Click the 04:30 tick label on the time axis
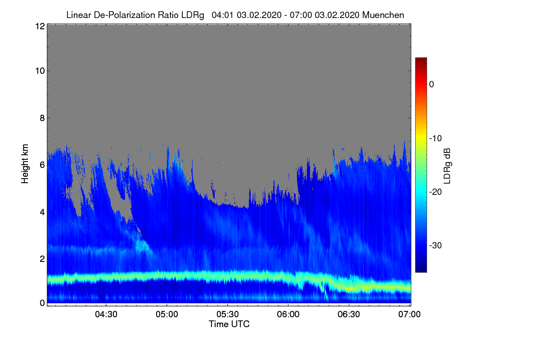(x=106, y=314)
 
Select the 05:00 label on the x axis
(x=166, y=314)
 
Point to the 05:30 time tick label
(x=227, y=314)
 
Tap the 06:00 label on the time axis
(x=288, y=314)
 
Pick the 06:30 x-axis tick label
(x=349, y=314)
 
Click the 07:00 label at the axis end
(x=409, y=314)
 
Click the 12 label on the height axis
(x=39, y=26)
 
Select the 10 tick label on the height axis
(x=39, y=71)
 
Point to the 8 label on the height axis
(x=42, y=118)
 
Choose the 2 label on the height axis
(x=42, y=259)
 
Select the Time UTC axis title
(x=229, y=324)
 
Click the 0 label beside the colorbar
(x=432, y=84)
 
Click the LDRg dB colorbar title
(x=448, y=165)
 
